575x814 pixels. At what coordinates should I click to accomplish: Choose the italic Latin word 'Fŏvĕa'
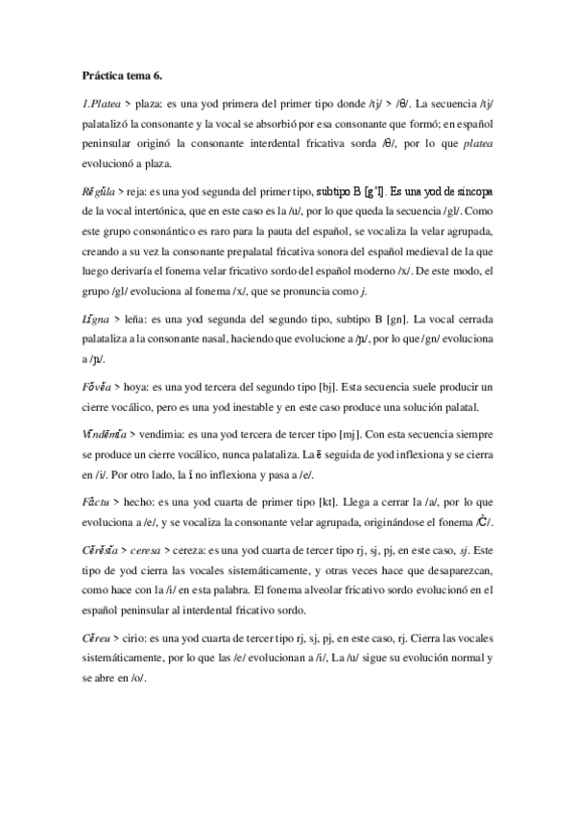pyautogui.click(x=96, y=362)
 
